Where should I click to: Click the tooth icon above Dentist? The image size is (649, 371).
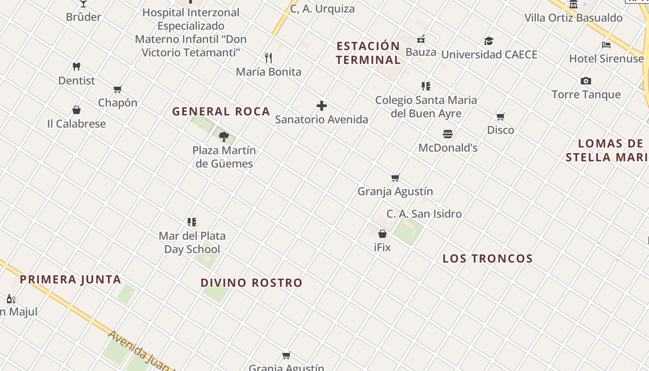pos(76,67)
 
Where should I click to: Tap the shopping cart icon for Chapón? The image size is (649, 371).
pos(118,89)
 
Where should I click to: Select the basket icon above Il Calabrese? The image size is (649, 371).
pos(76,110)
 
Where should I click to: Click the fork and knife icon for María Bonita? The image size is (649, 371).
pos(268,58)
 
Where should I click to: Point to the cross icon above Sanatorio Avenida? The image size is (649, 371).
pos(321,106)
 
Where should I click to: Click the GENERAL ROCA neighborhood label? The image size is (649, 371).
pos(221,111)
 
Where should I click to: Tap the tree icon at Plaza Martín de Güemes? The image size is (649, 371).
pos(224,136)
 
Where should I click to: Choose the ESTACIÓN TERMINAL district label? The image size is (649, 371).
pos(369,53)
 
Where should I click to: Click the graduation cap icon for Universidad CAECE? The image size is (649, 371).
pos(489,41)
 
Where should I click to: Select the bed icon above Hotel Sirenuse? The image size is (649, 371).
pos(606,45)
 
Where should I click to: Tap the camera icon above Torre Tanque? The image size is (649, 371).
pos(586,81)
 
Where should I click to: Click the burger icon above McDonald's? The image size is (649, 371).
pos(448,134)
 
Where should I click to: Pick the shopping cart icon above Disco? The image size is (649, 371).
pos(501,116)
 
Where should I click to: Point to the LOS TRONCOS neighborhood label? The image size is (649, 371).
pos(488,258)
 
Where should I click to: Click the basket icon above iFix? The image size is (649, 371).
pos(382,234)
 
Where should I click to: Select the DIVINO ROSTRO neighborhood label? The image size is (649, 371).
pos(252,282)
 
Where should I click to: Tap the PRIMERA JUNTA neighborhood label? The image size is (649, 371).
pos(70,279)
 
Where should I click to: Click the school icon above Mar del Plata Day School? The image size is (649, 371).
pos(192,222)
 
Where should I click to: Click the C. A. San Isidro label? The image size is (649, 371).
pos(424,214)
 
